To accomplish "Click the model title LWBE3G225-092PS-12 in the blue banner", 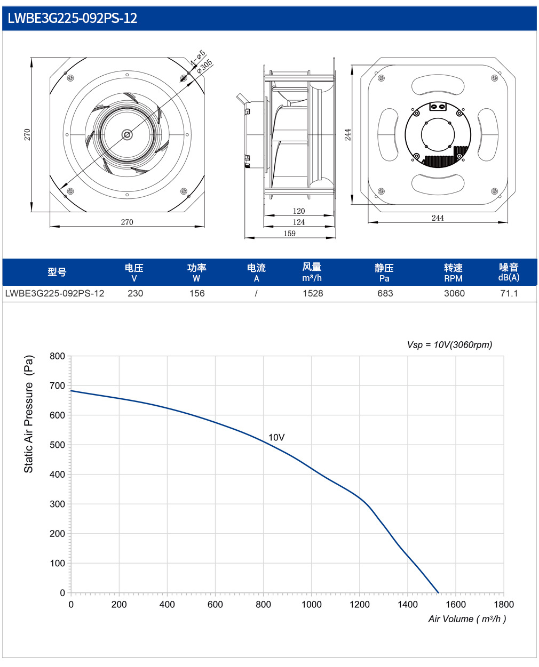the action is (73, 18).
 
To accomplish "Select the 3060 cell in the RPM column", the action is (454, 293).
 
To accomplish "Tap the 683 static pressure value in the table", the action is (385, 293).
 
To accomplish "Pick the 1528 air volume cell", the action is (312, 293).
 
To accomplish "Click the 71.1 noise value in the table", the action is (509, 293).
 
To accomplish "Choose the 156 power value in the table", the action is (197, 293).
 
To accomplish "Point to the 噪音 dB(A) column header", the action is (509, 272).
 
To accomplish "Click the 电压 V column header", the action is (134, 272).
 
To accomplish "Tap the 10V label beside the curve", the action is (276, 437).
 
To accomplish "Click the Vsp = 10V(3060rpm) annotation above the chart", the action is (449, 344).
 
